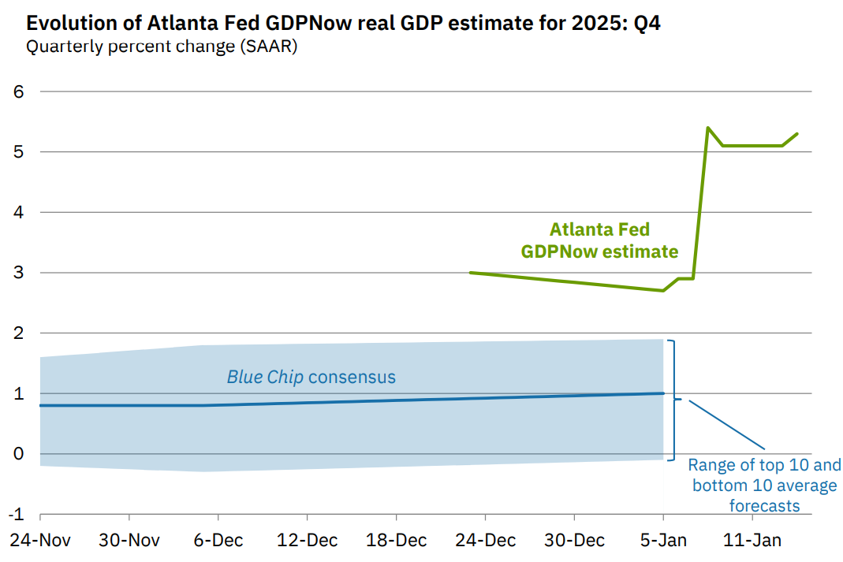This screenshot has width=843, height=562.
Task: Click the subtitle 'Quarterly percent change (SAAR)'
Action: [x=161, y=47]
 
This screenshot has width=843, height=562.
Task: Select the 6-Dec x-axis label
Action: [x=218, y=541]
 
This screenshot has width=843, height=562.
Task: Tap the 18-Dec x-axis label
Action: [x=396, y=541]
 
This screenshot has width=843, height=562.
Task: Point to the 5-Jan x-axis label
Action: [x=663, y=541]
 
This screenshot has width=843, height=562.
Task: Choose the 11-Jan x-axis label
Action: [x=752, y=541]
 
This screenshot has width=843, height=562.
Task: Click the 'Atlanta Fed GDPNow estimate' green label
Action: [x=599, y=240]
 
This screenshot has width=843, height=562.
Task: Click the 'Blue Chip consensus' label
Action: [x=311, y=377]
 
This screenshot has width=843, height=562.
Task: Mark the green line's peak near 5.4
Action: [x=707, y=128]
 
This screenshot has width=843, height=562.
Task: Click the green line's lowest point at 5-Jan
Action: [x=663, y=291]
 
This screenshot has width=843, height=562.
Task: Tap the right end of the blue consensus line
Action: [x=663, y=393]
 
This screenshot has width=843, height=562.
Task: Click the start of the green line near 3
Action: [x=471, y=273]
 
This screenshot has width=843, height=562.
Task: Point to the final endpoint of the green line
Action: [x=797, y=133]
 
